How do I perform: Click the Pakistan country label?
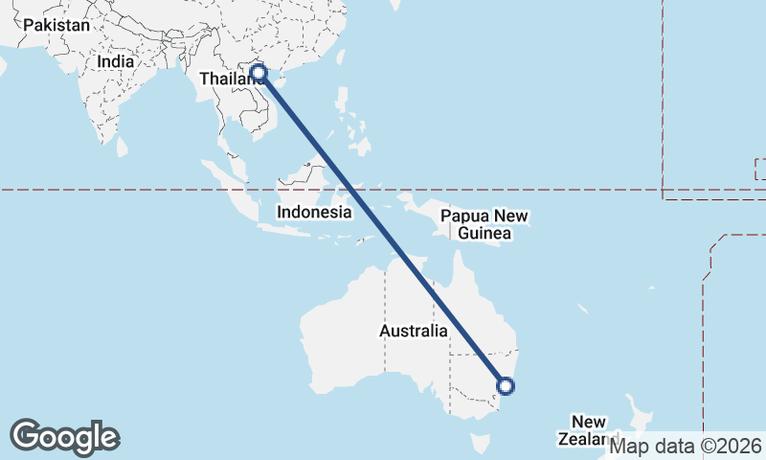pyautogui.click(x=56, y=26)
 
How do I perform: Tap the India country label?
pyautogui.click(x=115, y=61)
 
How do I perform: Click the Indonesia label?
pyautogui.click(x=314, y=212)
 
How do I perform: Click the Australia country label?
pyautogui.click(x=414, y=332)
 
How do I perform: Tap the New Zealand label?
pyautogui.click(x=586, y=430)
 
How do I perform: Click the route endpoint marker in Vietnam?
pyautogui.click(x=258, y=72)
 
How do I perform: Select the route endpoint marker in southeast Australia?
pyautogui.click(x=506, y=386)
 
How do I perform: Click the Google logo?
pyautogui.click(x=64, y=437)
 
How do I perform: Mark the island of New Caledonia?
pyautogui.click(x=583, y=310)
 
